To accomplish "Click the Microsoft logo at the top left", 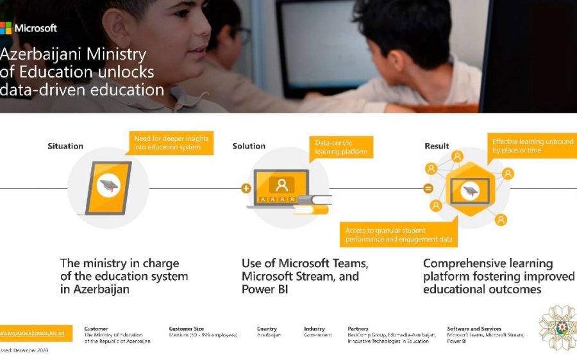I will pos(28,28).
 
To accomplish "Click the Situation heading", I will pos(65,146).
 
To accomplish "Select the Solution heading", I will pos(249,146).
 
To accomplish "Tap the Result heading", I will pos(437,146).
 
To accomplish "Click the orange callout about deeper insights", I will pos(171,143).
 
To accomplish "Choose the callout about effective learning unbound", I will pos(532,146).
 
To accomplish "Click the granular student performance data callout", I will pos(399,235).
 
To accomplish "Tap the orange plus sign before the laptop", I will pos(246,188).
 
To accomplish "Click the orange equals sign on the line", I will pos(428,188).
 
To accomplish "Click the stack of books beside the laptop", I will pos(312,204).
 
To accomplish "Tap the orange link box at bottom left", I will pos(36,334).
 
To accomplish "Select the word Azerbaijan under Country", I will pos(269,335).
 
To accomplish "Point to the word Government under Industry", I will pos(318,335).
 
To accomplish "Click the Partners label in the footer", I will pos(358,329).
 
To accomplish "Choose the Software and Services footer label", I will pos(474,329).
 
